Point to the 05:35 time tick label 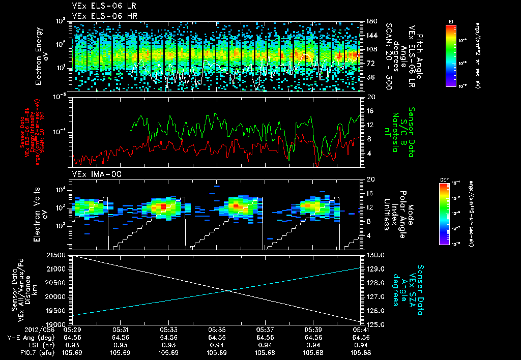point(217,329)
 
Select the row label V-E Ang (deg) point(29,337)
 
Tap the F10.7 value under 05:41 point(361,352)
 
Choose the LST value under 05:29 point(72,345)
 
